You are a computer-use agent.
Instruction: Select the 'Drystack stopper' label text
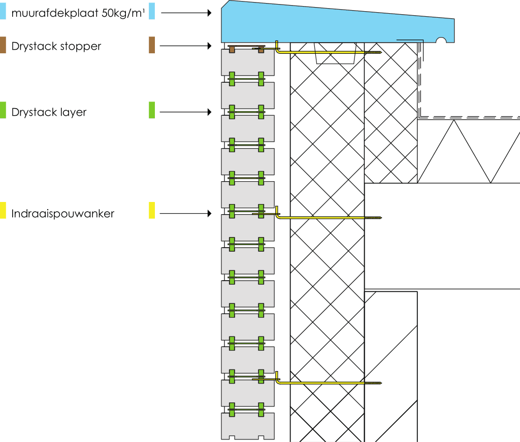(56, 46)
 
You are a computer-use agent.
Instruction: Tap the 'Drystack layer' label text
(49, 112)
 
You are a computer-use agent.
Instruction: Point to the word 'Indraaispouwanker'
(63, 214)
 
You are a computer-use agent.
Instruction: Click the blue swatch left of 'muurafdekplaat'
(3, 11)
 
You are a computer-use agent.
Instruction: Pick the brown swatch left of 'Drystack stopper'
(3, 45)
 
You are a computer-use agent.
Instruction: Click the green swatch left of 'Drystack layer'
(3, 110)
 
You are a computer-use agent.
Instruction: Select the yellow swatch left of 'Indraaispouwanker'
(3, 211)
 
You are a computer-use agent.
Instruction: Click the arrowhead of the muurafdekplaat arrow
(208, 13)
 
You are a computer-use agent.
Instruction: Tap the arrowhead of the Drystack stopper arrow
(208, 46)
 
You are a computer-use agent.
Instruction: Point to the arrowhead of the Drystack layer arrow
(208, 112)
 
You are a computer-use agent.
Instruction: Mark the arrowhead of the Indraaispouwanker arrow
(208, 214)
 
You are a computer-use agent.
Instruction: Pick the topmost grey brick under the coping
(248, 62)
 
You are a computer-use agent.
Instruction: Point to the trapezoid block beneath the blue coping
(335, 53)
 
